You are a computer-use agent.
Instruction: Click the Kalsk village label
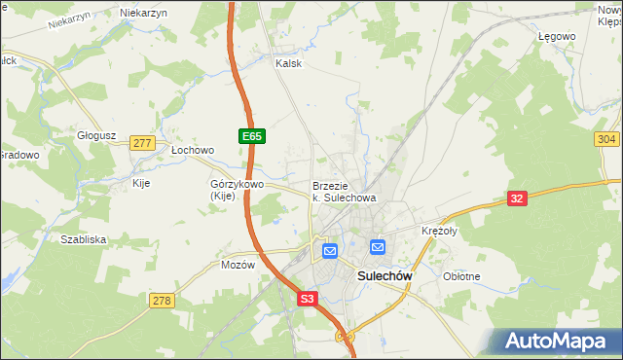coord(289,63)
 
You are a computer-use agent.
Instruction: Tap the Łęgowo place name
coord(557,36)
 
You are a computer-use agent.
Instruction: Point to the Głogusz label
coord(97,136)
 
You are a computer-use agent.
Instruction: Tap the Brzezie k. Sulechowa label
coord(344,191)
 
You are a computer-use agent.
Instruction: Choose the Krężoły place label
coord(439,231)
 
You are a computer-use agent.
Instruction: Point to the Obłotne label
coord(461,276)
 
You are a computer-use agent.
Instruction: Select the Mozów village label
coord(238,265)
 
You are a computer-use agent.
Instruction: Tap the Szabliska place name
coord(83,238)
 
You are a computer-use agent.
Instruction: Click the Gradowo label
coord(18,155)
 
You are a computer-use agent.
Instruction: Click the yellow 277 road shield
coord(142,143)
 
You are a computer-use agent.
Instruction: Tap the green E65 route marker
coord(251,137)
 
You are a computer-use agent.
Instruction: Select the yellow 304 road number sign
coord(605,140)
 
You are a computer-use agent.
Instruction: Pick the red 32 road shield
coord(519,198)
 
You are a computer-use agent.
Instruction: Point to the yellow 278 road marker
coord(162,301)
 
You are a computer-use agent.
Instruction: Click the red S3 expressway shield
coord(308,301)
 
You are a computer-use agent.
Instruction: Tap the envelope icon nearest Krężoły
coord(377,248)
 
